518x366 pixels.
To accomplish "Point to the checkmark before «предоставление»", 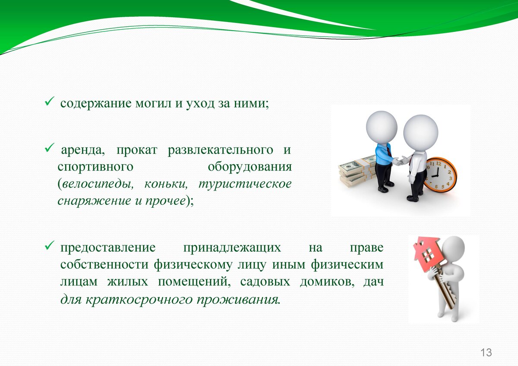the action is [x=49, y=245].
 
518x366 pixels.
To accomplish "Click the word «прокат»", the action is [x=137, y=150].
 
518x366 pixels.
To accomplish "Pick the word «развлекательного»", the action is [x=221, y=150].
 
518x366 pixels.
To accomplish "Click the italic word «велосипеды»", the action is [x=98, y=184].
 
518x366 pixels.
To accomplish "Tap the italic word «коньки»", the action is [x=166, y=184].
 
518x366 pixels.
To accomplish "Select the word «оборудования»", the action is [x=250, y=167].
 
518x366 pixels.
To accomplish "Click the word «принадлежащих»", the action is [x=232, y=248].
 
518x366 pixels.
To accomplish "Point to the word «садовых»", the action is [x=265, y=282].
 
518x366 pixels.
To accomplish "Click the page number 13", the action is [x=486, y=352].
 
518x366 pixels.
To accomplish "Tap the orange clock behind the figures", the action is [x=441, y=175].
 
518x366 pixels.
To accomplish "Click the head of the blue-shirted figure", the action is [x=382, y=127].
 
